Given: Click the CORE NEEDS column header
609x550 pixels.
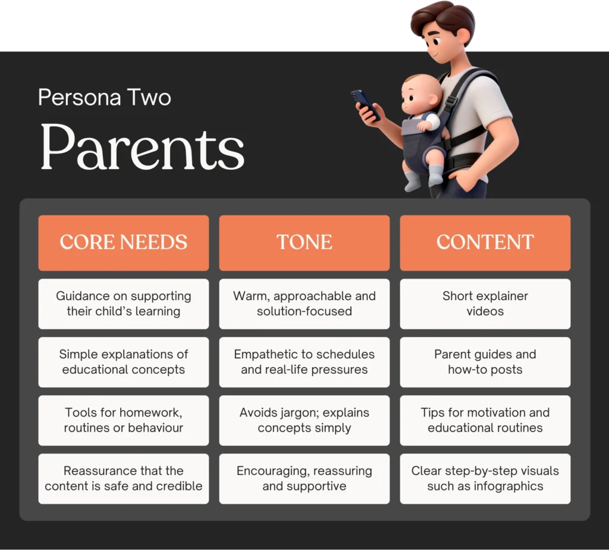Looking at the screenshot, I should (123, 242).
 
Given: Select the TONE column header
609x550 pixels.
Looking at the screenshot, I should (304, 242).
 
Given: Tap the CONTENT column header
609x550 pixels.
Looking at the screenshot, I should (485, 242).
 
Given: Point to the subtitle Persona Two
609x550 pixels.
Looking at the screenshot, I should (105, 97).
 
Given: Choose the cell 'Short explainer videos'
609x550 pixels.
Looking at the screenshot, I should (485, 304).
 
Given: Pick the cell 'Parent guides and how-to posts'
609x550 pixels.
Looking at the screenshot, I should (485, 362).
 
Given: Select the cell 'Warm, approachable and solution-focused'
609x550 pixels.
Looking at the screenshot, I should (304, 304).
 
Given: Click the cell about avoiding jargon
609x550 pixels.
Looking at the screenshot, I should (304, 420).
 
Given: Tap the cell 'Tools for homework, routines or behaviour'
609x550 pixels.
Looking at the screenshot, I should (123, 420).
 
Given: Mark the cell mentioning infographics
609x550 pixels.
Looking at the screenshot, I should (485, 479).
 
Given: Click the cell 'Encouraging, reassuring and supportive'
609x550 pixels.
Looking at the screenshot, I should (304, 479).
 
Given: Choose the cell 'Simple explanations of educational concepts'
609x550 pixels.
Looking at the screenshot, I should (123, 362).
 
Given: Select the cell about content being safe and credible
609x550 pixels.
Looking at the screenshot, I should (123, 479).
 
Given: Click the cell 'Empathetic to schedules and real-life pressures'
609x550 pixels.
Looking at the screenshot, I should (304, 362).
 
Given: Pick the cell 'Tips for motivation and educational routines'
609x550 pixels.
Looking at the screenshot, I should (485, 420).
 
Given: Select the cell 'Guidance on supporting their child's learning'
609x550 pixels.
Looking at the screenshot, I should (123, 304).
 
